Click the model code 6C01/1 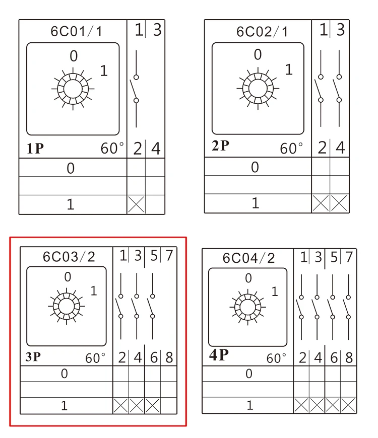(76, 31)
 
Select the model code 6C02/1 (262, 32)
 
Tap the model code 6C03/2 (69, 256)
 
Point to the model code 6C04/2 (248, 258)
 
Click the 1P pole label (35, 149)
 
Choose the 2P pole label (220, 145)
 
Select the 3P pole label (33, 357)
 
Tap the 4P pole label (219, 355)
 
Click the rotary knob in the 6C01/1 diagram (73, 89)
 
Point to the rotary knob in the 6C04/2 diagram (247, 307)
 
